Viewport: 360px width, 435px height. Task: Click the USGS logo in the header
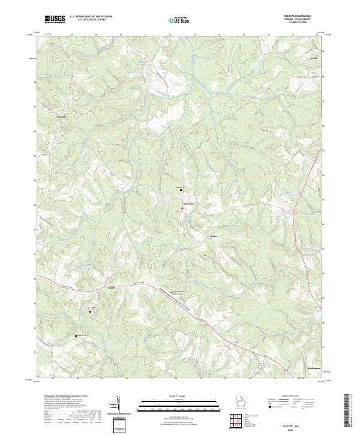[55, 19]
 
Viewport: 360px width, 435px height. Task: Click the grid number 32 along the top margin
[170, 35]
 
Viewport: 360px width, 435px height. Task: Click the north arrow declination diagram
[118, 404]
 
